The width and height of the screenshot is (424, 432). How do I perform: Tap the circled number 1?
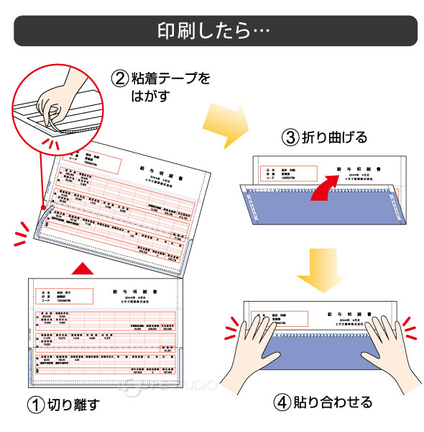coord(34,405)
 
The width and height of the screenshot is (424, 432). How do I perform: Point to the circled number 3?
coord(290,138)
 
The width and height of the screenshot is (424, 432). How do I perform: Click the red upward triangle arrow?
coord(85,267)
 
